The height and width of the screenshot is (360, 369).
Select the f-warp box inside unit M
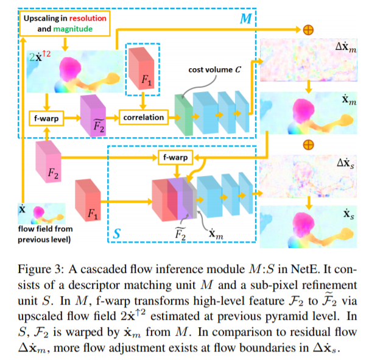tap(46, 117)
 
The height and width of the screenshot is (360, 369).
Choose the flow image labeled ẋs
tap(307, 226)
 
